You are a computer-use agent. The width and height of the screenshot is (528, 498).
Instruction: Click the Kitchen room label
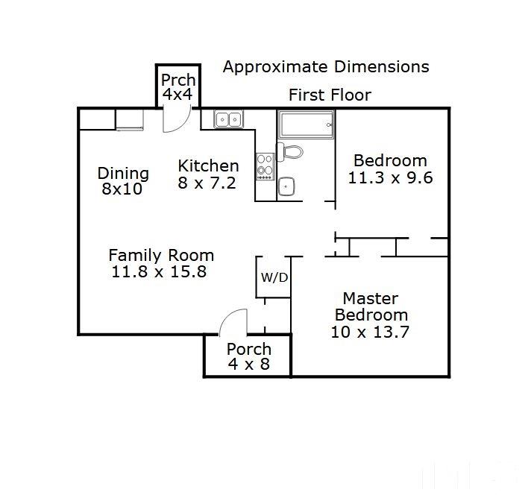tap(208, 166)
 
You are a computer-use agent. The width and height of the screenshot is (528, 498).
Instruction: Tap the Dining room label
tap(123, 174)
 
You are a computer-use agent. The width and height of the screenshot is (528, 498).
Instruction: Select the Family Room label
tap(161, 255)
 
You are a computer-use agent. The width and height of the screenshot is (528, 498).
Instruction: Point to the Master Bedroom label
tap(371, 306)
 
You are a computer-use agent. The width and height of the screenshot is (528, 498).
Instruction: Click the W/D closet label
tap(274, 277)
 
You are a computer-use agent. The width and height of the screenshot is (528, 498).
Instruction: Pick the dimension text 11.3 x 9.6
tap(390, 177)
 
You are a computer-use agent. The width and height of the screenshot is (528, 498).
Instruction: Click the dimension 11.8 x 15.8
tap(159, 271)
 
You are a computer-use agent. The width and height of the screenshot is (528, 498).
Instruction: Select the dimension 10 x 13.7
tap(370, 332)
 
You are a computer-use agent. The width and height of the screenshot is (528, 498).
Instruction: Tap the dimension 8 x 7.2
tap(207, 183)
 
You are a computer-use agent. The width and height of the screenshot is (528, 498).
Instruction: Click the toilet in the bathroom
tap(290, 152)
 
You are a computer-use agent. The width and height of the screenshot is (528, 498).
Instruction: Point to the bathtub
tap(306, 124)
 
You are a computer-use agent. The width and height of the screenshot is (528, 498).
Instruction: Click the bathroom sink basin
tap(286, 186)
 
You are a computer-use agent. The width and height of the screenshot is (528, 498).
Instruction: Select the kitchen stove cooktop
tap(265, 166)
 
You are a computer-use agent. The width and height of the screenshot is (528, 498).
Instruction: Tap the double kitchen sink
tap(228, 119)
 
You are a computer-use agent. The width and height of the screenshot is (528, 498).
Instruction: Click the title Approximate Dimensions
tap(326, 66)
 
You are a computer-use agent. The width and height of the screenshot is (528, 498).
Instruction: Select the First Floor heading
tap(330, 95)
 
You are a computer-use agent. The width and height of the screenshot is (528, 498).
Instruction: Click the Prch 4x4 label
tap(178, 87)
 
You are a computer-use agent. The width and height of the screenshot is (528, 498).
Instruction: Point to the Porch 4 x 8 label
tap(249, 356)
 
